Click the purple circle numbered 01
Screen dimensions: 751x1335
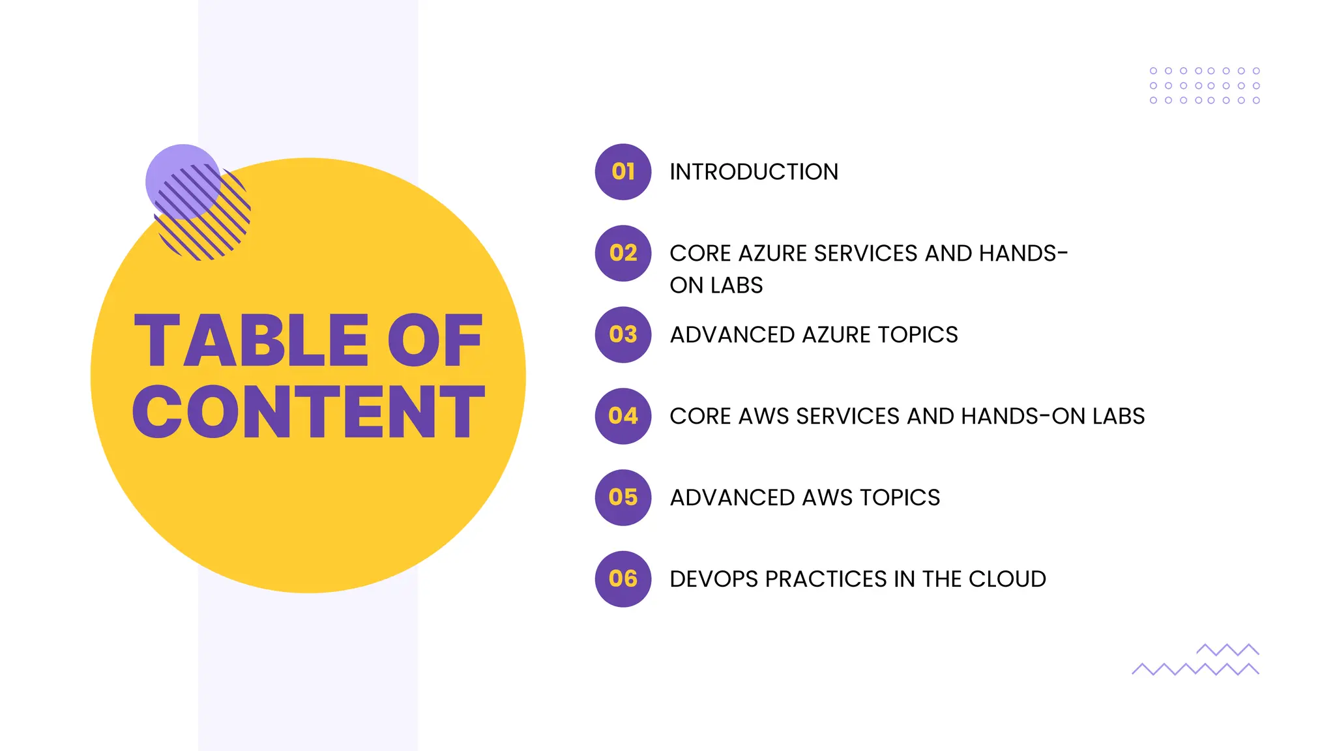click(x=623, y=171)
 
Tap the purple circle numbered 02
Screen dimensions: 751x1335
click(x=623, y=253)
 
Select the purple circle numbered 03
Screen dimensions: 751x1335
click(x=623, y=334)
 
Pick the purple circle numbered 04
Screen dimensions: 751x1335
click(x=623, y=416)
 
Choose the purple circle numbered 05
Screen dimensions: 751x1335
click(x=623, y=497)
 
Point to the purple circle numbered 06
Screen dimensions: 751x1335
click(x=623, y=579)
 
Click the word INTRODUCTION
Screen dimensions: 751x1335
click(x=754, y=171)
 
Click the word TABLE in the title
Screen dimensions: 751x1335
click(x=252, y=341)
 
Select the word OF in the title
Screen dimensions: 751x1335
click(x=435, y=341)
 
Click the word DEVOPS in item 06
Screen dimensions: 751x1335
click(x=712, y=579)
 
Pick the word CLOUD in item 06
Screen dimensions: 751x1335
click(x=1007, y=579)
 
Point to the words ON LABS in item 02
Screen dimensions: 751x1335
click(x=716, y=286)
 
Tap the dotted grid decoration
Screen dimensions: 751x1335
click(x=1204, y=85)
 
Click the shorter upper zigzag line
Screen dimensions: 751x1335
click(x=1227, y=649)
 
